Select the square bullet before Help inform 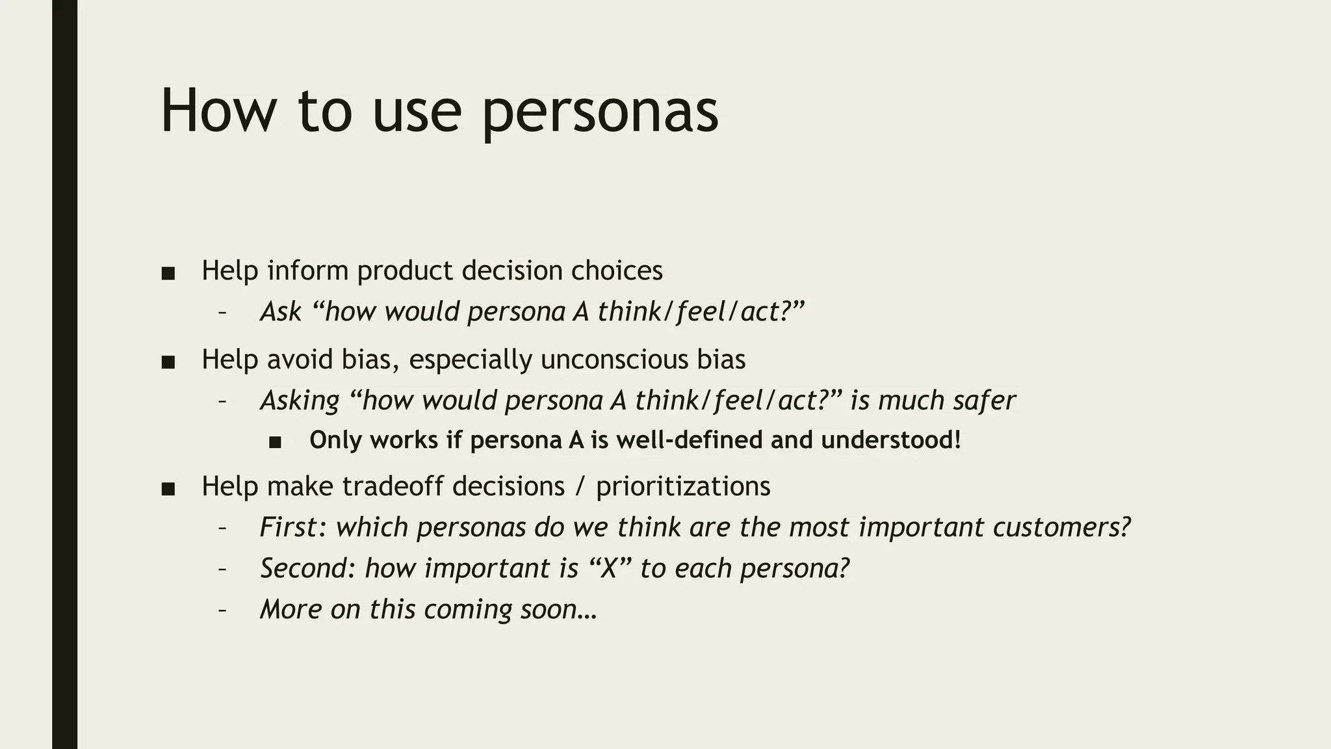point(168,274)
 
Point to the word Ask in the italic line point(281,311)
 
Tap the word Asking point(300,401)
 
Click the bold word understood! point(890,440)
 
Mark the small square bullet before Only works point(275,443)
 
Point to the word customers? point(1061,527)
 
